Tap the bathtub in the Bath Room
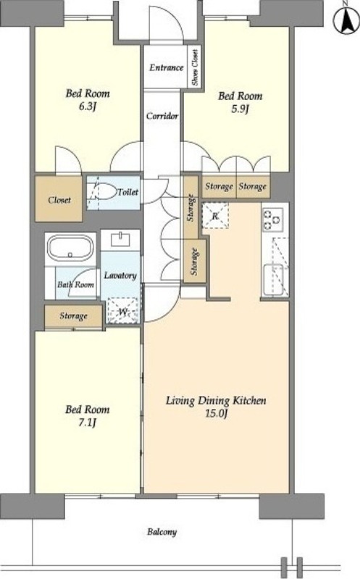tap(70, 248)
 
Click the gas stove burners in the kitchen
tap(272, 219)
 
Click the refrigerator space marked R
tap(215, 216)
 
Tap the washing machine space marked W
tap(122, 311)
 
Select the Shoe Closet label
tap(195, 67)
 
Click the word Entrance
tap(167, 67)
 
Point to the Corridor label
tap(162, 116)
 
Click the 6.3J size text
tap(88, 106)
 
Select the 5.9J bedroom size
tap(240, 109)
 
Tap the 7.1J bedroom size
tap(87, 422)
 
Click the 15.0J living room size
tap(216, 413)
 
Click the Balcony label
tap(162, 532)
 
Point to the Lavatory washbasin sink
tap(120, 240)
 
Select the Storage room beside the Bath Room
tap(73, 316)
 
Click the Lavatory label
tap(120, 276)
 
